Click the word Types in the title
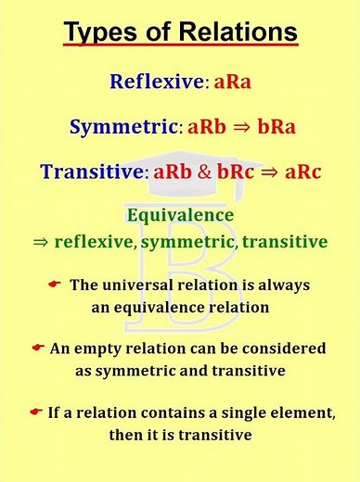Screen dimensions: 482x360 tap(101, 33)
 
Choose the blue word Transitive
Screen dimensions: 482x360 tap(96, 172)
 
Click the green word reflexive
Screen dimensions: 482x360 tap(97, 242)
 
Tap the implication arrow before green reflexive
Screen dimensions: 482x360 tap(41, 242)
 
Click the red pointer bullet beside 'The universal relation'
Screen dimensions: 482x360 tap(54, 282)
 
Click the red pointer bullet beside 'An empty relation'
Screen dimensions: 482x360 tap(38, 347)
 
